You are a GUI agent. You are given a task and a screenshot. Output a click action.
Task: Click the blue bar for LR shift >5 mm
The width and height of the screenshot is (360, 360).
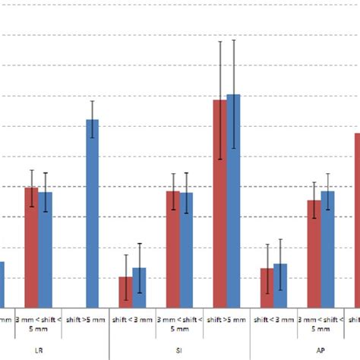92,213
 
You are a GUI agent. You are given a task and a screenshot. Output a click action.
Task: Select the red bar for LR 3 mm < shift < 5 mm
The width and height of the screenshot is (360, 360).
31,247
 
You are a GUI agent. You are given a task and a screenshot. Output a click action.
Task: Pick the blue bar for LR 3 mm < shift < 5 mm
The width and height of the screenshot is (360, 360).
46,249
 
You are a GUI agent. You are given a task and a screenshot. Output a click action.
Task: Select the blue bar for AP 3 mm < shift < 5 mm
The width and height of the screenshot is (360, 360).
327,248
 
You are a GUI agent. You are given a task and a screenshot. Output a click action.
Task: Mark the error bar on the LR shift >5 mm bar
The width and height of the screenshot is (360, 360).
92,119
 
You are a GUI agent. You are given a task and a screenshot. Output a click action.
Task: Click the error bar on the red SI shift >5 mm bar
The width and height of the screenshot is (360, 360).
220,99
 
